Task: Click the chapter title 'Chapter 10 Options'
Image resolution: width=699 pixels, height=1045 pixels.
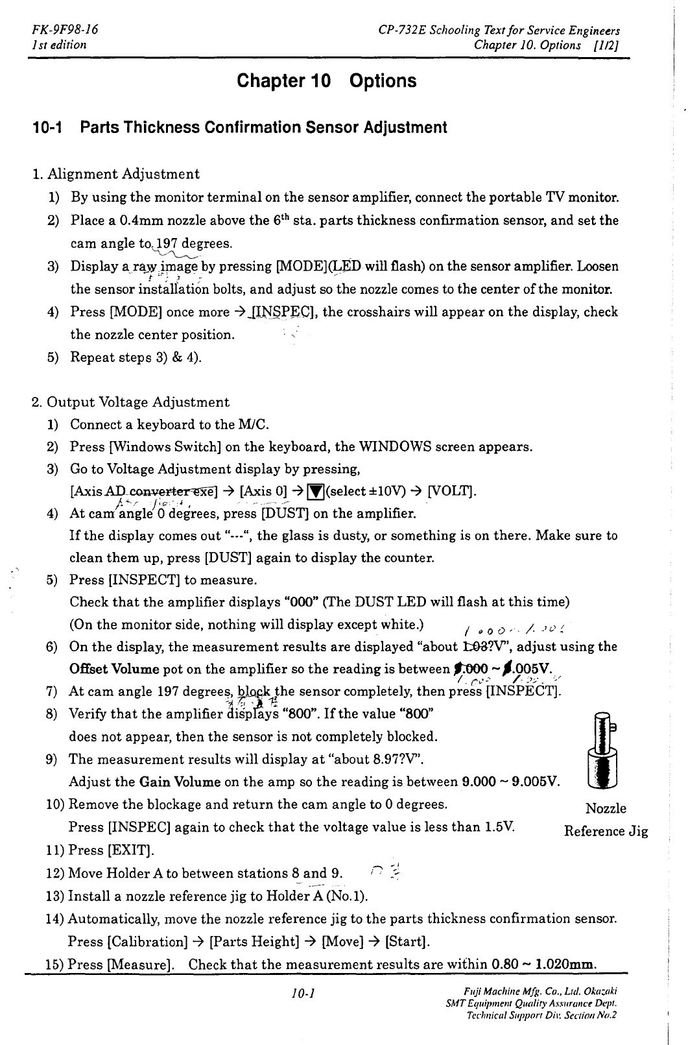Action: click(327, 81)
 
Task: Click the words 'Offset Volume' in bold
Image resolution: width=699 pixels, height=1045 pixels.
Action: click(114, 669)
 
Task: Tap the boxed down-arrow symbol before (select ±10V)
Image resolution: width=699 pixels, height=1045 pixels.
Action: click(316, 491)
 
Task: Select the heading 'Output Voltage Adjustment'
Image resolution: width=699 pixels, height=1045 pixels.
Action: click(137, 402)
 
